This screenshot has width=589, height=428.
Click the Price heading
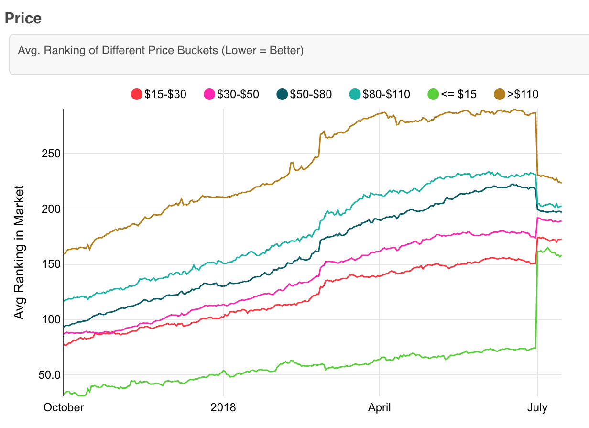click(x=23, y=18)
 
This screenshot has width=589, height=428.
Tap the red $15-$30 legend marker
click(x=137, y=94)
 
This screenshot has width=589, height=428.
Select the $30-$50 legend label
click(x=238, y=94)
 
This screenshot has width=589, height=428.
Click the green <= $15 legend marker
click(x=433, y=94)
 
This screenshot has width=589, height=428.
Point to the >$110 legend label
click(x=523, y=94)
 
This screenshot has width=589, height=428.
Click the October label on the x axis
click(x=64, y=407)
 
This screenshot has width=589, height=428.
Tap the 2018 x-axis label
click(x=223, y=407)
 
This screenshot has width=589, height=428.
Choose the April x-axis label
click(x=379, y=407)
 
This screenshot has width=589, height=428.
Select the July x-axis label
click(x=537, y=407)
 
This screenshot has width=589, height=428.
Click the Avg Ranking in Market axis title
click(x=19, y=252)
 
